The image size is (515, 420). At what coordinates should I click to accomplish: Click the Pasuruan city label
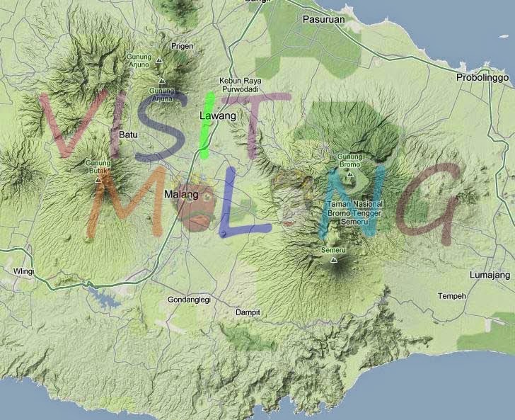[x=323, y=19]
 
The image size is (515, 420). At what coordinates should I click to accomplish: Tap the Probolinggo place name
[x=482, y=76]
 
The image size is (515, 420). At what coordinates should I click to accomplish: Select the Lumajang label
[x=489, y=274]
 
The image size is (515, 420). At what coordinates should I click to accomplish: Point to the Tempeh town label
[x=452, y=295]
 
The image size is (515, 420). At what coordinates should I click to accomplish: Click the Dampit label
[x=248, y=312]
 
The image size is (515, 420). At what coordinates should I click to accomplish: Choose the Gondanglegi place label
[x=189, y=300]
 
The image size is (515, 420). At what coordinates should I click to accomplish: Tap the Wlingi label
[x=23, y=271]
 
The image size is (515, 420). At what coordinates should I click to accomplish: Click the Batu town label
[x=128, y=134]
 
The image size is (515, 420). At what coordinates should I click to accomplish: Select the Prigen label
[x=182, y=46]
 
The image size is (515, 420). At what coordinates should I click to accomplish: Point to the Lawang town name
[x=214, y=115]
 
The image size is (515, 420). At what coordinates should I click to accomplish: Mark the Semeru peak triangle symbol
[x=333, y=260]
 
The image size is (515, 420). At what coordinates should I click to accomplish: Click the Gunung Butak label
[x=98, y=166]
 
